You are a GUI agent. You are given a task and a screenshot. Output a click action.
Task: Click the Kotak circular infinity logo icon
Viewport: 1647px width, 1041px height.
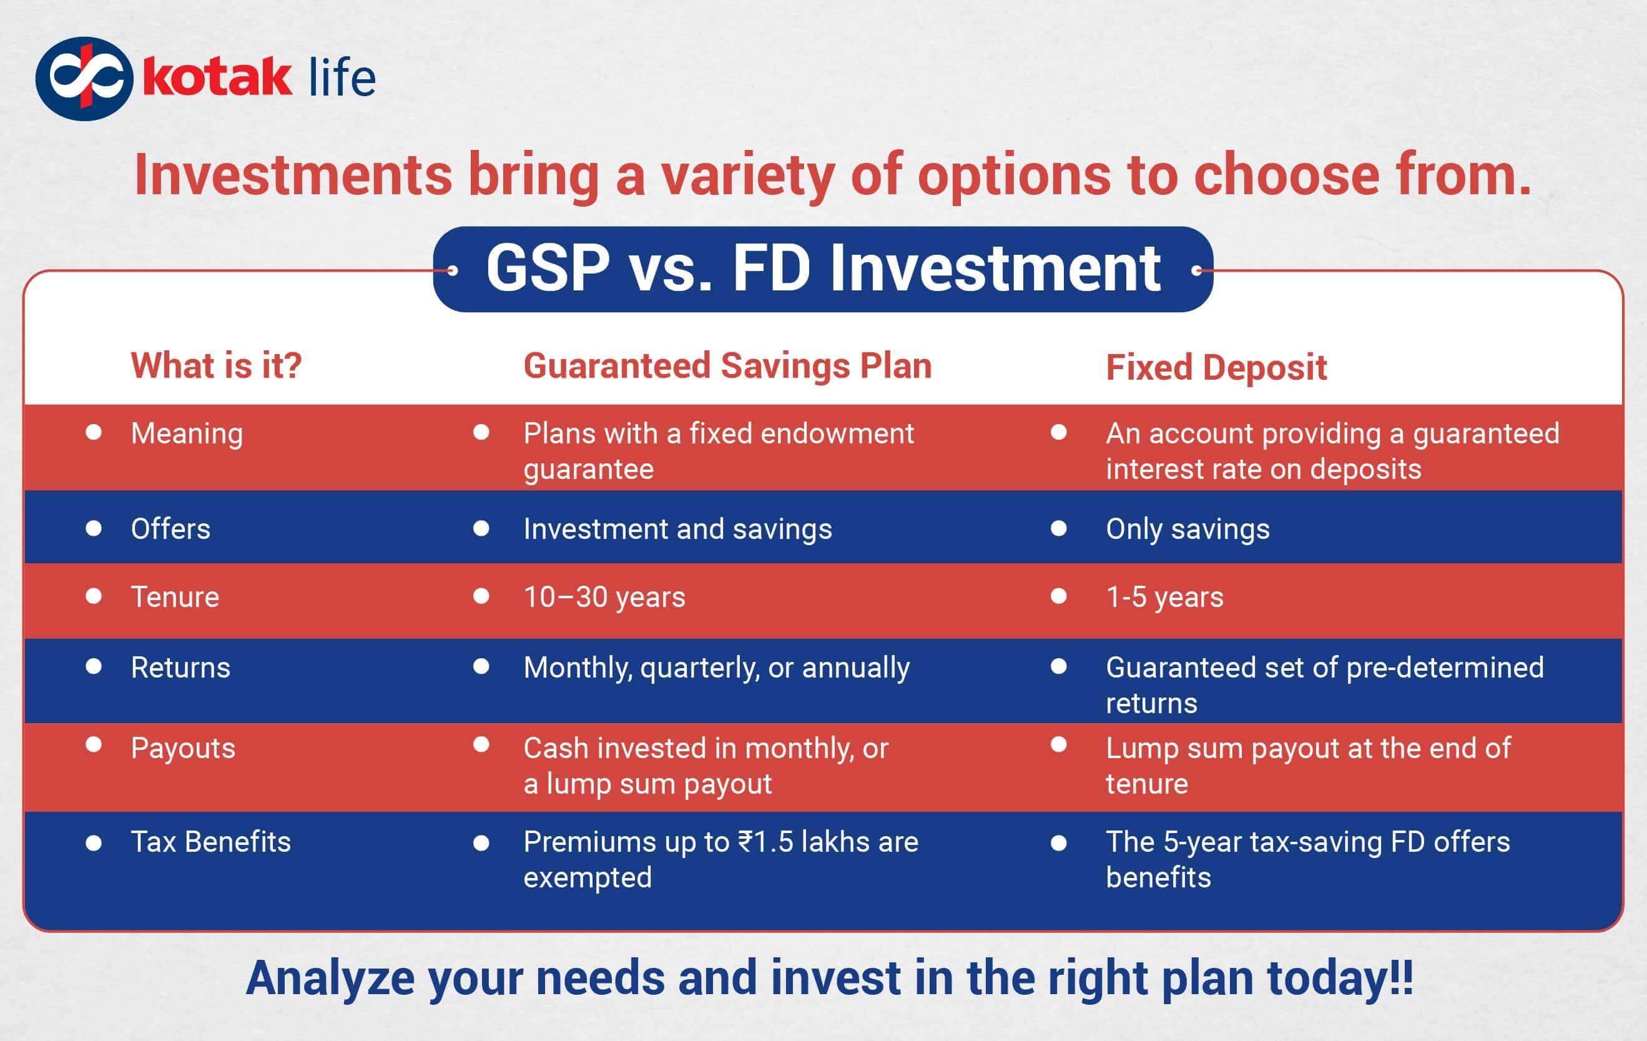tap(84, 79)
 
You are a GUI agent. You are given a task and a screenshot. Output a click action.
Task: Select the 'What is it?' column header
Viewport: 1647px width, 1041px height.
tap(216, 365)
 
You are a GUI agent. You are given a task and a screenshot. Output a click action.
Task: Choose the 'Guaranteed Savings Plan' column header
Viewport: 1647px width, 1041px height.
tap(727, 365)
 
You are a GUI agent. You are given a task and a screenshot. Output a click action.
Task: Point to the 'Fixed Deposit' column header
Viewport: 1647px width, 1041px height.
tap(1216, 367)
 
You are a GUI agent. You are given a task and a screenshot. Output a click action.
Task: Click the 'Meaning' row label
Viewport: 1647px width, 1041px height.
tap(187, 433)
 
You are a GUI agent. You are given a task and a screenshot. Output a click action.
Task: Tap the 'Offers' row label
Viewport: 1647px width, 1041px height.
tap(170, 529)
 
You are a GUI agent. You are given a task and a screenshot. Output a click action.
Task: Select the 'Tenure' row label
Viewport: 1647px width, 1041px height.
tap(175, 597)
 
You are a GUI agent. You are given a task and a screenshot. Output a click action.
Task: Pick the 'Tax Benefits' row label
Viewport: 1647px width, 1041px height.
tap(210, 842)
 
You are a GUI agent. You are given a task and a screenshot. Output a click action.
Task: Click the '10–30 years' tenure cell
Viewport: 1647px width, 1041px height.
tap(604, 597)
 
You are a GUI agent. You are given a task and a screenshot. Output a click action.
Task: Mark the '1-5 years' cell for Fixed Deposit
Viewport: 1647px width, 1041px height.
tap(1164, 597)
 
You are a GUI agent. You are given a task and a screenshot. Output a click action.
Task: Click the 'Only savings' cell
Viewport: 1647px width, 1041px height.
tap(1187, 529)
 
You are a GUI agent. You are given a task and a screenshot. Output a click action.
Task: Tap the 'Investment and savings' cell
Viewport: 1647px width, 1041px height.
tap(677, 529)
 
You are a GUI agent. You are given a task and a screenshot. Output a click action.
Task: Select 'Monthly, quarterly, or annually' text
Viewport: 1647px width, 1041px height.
tap(716, 668)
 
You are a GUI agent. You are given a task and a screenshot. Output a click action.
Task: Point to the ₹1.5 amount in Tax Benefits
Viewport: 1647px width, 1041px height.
tap(765, 842)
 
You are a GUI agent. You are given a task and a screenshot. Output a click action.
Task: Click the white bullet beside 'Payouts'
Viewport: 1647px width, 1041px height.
tap(94, 745)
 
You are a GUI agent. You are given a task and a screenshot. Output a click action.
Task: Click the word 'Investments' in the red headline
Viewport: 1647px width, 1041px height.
tap(293, 175)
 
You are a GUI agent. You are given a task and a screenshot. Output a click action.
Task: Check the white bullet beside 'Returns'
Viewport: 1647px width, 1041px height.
tap(94, 667)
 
